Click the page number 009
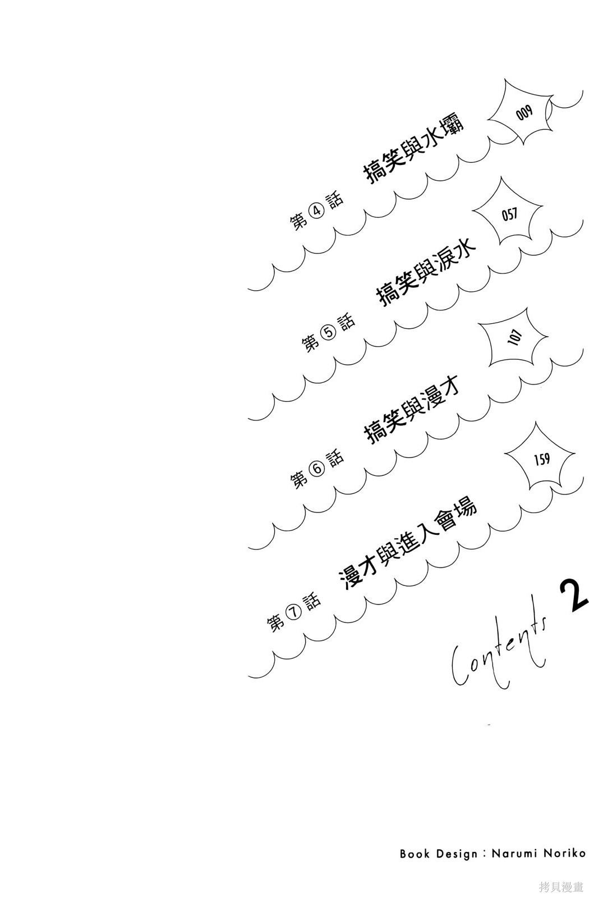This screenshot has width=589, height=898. [x=524, y=112]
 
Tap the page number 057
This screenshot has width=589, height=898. [x=509, y=214]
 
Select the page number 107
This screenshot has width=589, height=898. [x=514, y=337]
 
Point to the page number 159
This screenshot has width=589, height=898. [x=541, y=460]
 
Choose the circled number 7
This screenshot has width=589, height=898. [x=294, y=612]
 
